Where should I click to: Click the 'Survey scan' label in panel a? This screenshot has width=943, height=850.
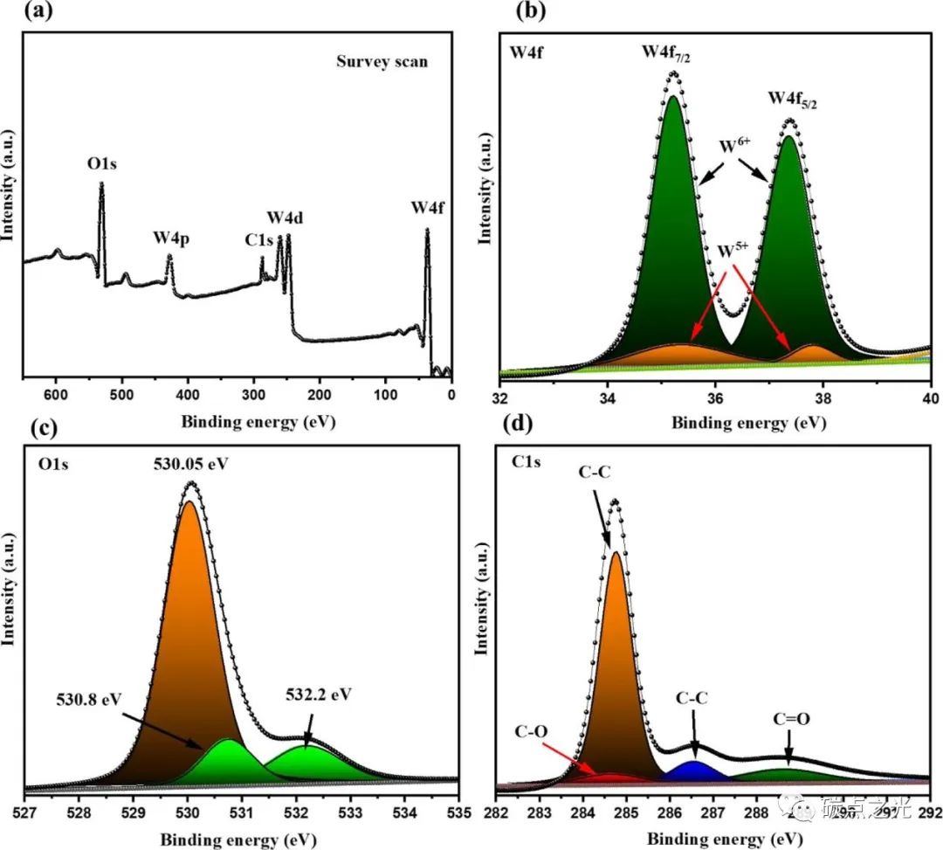point(382,62)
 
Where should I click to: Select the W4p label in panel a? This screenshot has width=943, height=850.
point(172,237)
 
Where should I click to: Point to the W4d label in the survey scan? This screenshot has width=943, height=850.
point(285,218)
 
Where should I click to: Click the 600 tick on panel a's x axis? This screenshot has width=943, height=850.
point(56,394)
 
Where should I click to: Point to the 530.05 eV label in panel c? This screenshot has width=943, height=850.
point(189,463)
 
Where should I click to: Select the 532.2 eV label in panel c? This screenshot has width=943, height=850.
point(318,697)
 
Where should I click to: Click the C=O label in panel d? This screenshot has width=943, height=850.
point(791,719)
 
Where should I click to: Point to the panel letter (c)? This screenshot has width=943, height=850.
point(18,428)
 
